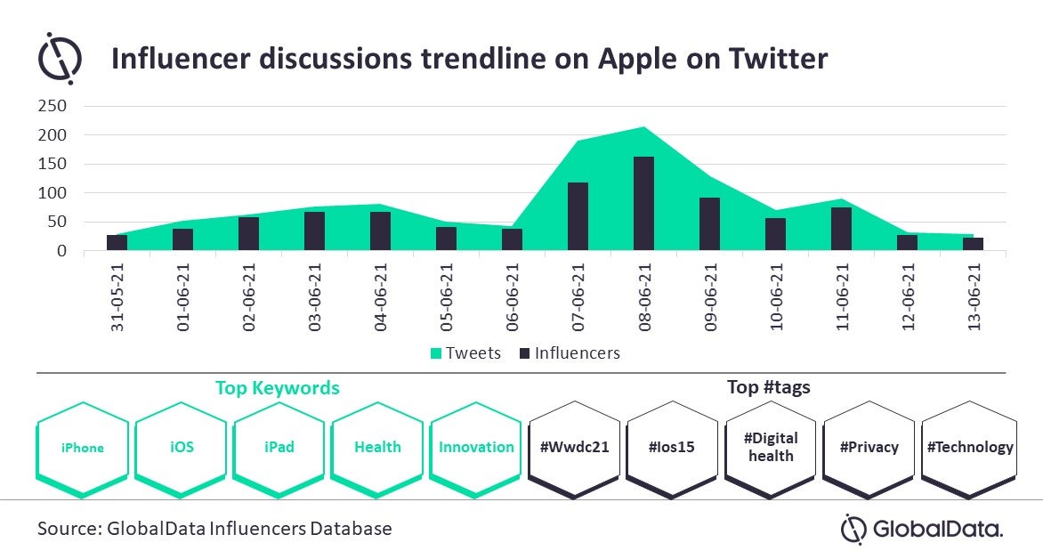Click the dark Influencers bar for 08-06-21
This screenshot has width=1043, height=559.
click(644, 204)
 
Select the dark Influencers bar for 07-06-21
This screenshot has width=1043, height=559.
click(578, 216)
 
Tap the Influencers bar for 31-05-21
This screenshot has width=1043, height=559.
click(117, 243)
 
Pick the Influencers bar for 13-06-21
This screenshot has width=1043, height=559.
click(974, 244)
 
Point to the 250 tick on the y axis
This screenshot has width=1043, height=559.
click(53, 106)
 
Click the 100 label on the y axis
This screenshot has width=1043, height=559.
click(53, 193)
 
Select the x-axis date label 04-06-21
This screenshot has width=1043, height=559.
click(381, 297)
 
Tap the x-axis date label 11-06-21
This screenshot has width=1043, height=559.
click(842, 297)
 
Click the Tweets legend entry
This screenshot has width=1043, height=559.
click(465, 352)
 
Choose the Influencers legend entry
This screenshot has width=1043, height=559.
click(570, 352)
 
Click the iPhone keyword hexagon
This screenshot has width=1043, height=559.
click(83, 449)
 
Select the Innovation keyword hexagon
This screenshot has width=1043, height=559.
click(475, 449)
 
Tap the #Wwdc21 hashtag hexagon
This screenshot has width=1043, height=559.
click(574, 449)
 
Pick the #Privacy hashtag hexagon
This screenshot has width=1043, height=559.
click(869, 449)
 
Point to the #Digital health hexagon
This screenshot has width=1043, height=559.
click(771, 449)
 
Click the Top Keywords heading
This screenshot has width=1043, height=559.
click(278, 388)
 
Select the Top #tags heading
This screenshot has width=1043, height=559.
click(768, 386)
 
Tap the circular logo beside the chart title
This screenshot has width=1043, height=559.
click(60, 58)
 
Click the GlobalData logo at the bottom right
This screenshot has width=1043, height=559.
click(922, 530)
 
